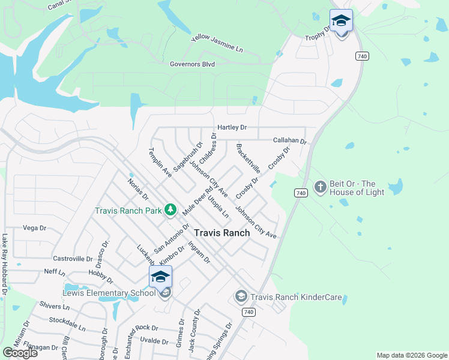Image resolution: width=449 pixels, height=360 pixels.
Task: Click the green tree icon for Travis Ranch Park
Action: pyautogui.click(x=171, y=209)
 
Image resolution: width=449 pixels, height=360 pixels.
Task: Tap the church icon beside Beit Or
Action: pyautogui.click(x=320, y=187)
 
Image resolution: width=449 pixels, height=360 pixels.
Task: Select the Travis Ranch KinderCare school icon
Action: pyautogui.click(x=241, y=296)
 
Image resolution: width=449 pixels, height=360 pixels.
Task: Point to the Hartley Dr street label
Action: pyautogui.click(x=232, y=127)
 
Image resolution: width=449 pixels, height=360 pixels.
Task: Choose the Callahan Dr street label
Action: pyautogui.click(x=290, y=140)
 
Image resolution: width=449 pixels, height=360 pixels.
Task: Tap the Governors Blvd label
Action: pyautogui.click(x=192, y=64)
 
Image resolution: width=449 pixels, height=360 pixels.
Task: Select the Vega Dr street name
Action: pyautogui.click(x=34, y=228)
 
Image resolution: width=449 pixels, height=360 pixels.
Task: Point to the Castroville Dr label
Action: pyautogui.click(x=73, y=259)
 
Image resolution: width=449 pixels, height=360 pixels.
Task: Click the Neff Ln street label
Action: pyautogui.click(x=54, y=272)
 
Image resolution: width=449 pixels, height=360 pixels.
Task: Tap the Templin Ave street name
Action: pyautogui.click(x=160, y=163)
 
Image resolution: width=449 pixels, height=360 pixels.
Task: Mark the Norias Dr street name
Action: pyautogui.click(x=138, y=188)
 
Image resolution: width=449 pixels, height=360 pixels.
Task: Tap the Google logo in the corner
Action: pyautogui.click(x=20, y=353)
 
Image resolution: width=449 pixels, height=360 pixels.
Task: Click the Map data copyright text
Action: pyautogui.click(x=411, y=355)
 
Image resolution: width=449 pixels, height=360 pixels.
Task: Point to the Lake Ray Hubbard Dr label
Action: pyautogui.click(x=5, y=264)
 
